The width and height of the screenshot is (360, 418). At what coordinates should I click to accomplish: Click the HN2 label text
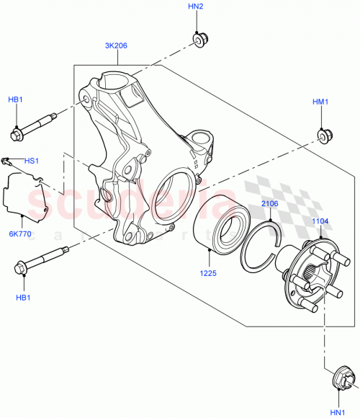196,6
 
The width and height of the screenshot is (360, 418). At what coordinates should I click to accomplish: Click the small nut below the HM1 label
323,134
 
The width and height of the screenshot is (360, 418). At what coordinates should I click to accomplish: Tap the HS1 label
33,161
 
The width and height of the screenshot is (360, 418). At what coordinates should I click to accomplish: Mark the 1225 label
208,272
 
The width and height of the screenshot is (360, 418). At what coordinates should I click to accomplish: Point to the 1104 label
320,222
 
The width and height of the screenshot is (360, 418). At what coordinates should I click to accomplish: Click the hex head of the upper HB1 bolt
17,134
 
